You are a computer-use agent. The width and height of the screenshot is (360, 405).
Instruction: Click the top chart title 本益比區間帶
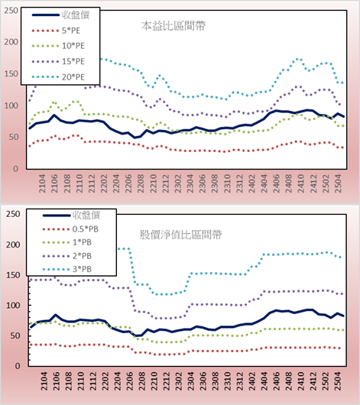(174, 26)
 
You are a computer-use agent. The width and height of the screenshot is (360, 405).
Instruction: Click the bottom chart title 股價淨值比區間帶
(180, 235)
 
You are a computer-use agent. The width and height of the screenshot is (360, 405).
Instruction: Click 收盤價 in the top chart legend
(76, 15)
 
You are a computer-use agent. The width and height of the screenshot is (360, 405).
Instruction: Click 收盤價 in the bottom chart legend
(86, 215)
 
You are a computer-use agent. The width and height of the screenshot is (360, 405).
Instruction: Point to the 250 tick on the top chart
(11, 11)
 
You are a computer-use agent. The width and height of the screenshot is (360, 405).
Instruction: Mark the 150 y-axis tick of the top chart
(11, 74)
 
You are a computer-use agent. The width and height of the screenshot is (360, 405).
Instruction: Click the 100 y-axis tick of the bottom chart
(13, 306)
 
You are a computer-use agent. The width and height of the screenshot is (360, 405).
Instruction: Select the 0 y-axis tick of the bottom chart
(18, 366)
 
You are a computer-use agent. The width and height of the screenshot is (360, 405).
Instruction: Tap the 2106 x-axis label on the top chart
(55, 183)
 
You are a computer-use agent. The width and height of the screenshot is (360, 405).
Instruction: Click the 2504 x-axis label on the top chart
(338, 183)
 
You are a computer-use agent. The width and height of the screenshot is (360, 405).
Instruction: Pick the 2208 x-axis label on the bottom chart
(142, 381)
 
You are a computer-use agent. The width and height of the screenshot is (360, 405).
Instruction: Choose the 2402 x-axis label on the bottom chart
(252, 381)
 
